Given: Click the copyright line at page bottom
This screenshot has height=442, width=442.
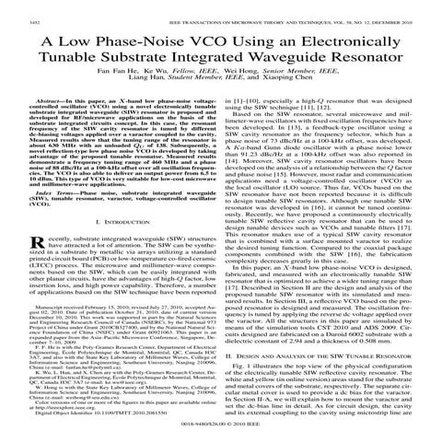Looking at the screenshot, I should [221, 427].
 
